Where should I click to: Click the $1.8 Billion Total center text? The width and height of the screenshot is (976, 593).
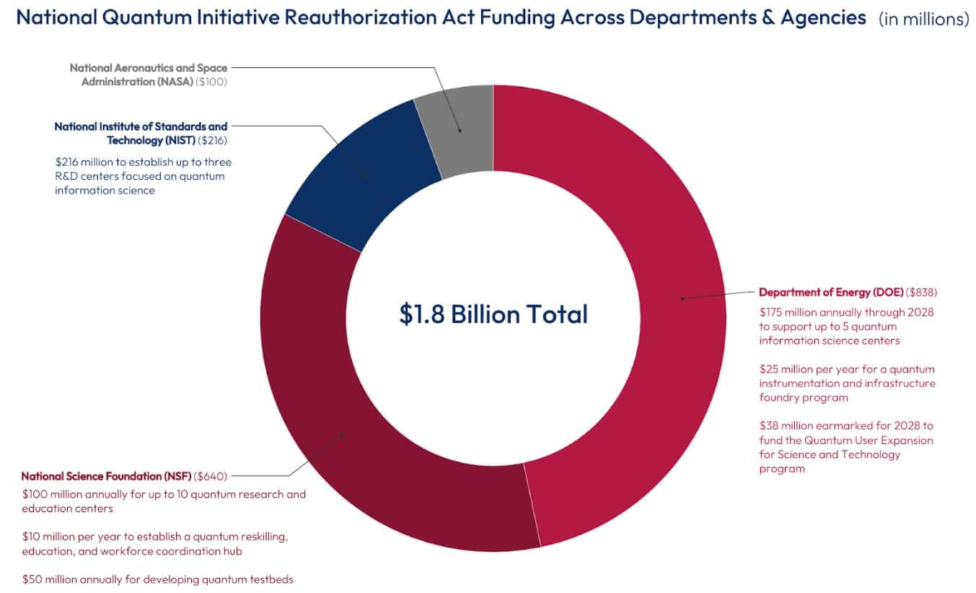pyautogui.click(x=493, y=314)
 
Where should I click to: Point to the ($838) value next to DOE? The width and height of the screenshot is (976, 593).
pyautogui.click(x=921, y=292)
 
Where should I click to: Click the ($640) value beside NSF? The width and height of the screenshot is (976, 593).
pyautogui.click(x=211, y=476)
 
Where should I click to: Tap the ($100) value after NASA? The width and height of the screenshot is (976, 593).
pyautogui.click(x=211, y=82)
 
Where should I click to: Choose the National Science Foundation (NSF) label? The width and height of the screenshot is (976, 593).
pyautogui.click(x=106, y=476)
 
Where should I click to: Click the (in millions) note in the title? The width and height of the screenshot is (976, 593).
pyautogui.click(x=923, y=20)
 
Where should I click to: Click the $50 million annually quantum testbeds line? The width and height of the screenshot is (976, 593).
pyautogui.click(x=158, y=579)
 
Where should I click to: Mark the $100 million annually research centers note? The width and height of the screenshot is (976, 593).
pyautogui.click(x=164, y=501)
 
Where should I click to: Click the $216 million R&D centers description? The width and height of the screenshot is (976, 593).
pyautogui.click(x=143, y=176)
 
